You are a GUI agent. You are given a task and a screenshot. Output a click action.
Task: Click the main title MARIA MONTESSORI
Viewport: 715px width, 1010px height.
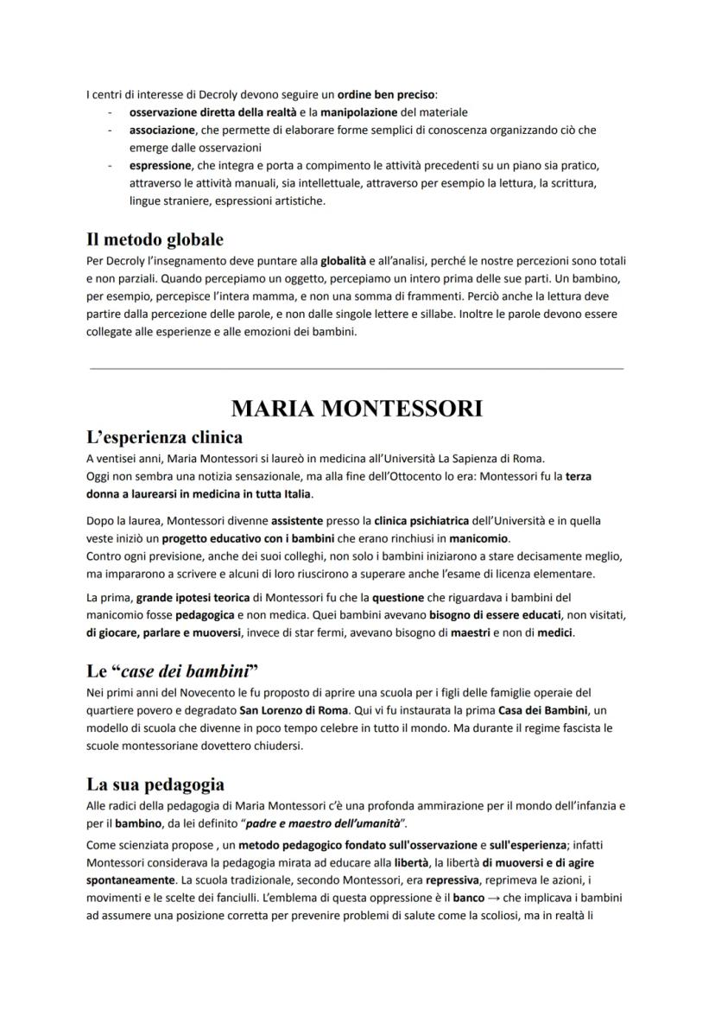click(357, 408)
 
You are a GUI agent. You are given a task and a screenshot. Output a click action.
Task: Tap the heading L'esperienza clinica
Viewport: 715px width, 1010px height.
click(164, 436)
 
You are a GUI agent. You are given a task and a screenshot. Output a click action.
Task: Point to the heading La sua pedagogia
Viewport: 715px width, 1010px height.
click(155, 784)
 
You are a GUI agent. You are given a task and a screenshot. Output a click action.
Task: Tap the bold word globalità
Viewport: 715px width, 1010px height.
click(343, 260)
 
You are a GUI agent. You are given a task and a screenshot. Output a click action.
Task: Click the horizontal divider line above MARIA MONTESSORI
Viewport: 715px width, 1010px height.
click(357, 368)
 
